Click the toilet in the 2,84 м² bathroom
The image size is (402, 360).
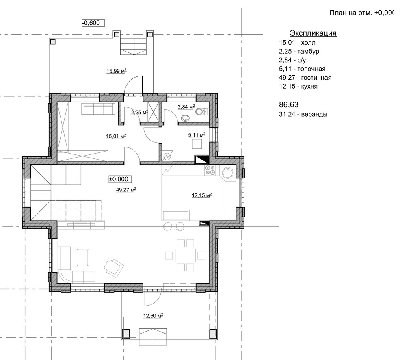(202, 112)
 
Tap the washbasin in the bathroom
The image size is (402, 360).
(185, 119)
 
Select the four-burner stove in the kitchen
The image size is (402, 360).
(210, 170)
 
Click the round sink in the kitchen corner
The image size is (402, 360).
(227, 173)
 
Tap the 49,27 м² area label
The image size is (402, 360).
(126, 190)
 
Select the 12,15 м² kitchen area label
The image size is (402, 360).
(202, 195)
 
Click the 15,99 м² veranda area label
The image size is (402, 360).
(117, 71)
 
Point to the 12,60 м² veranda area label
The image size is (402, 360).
(153, 316)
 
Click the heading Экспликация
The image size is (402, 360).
(313, 33)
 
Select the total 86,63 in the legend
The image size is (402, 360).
(289, 105)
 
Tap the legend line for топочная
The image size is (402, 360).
(302, 69)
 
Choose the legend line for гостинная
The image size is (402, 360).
(305, 78)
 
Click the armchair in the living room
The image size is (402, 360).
(114, 268)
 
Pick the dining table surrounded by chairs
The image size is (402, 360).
(185, 255)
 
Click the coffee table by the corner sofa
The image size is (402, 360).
(82, 257)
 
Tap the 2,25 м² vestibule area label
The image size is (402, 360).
(139, 113)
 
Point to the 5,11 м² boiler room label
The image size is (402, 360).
(197, 135)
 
